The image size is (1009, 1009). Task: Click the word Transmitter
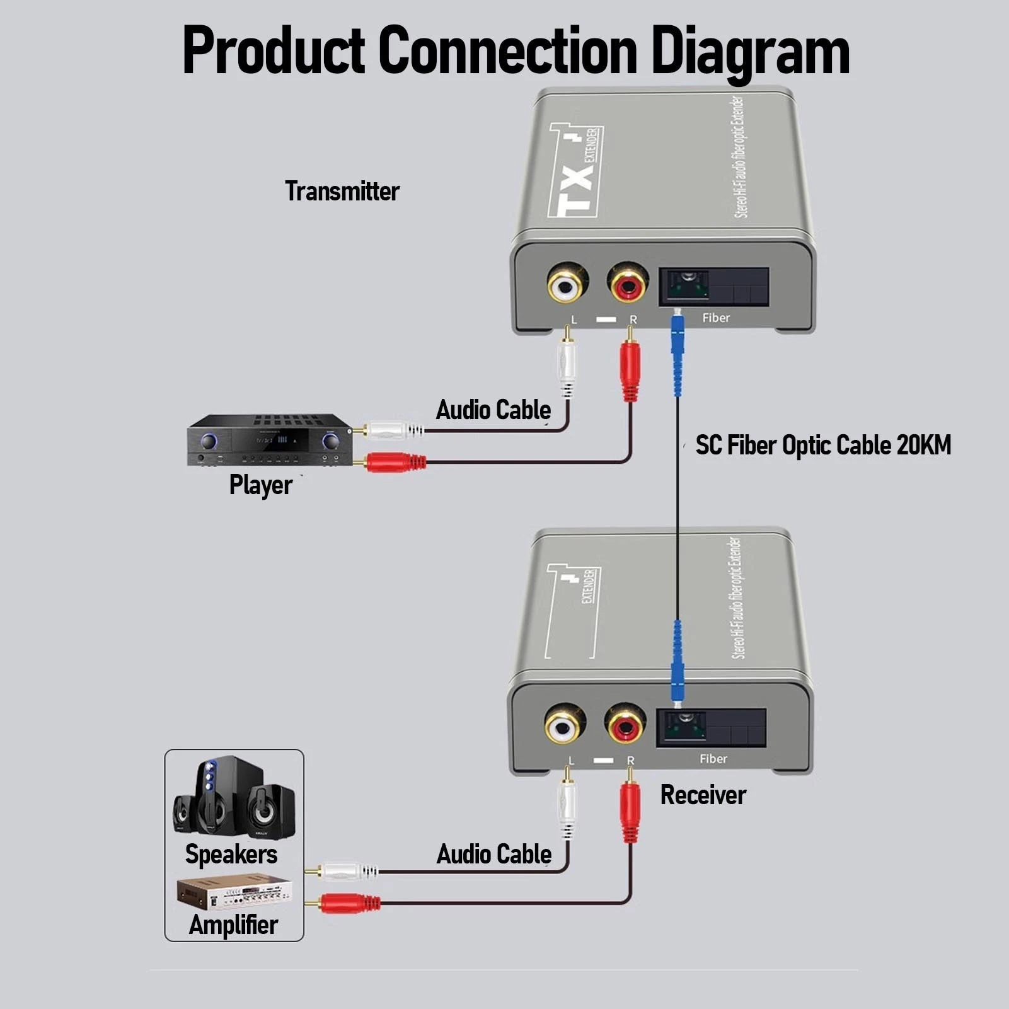click(x=342, y=192)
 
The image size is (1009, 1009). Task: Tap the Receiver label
click(x=703, y=795)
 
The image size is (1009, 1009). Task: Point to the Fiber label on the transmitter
click(x=716, y=318)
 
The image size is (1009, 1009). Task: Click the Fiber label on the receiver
click(x=713, y=759)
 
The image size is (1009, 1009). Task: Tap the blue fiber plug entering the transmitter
click(x=677, y=353)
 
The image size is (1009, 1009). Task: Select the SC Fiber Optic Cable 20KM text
click(x=823, y=445)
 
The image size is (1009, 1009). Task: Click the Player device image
click(x=269, y=441)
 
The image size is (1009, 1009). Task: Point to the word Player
click(x=260, y=485)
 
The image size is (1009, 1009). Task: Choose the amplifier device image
click(x=234, y=892)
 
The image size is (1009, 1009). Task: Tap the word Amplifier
click(x=233, y=925)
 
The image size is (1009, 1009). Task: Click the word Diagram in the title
click(x=750, y=52)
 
